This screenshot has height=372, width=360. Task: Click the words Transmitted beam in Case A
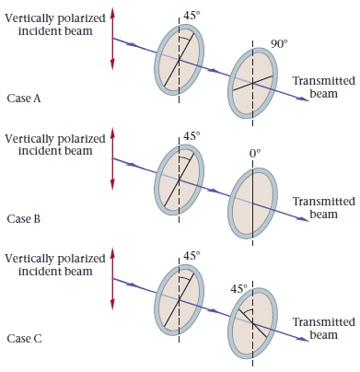(x=323, y=87)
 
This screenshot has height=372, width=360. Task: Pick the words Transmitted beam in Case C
(x=323, y=328)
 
